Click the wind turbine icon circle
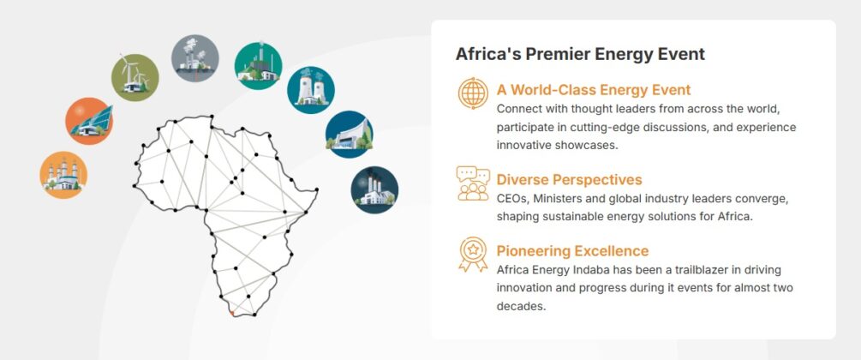pyautogui.click(x=135, y=78)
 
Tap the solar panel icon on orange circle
pyautogui.click(x=89, y=121)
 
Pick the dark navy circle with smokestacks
pyautogui.click(x=374, y=189)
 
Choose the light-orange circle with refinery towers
pyautogui.click(x=63, y=175)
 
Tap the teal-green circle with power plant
pyautogui.click(x=258, y=65)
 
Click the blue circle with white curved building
pyautogui.click(x=349, y=134)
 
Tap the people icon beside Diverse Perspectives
pyautogui.click(x=472, y=183)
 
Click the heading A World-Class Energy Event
pyautogui.click(x=593, y=90)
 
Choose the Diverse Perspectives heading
pyautogui.click(x=569, y=180)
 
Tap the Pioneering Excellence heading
pyautogui.click(x=572, y=251)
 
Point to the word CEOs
pyautogui.click(x=511, y=199)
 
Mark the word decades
pyautogui.click(x=521, y=306)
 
